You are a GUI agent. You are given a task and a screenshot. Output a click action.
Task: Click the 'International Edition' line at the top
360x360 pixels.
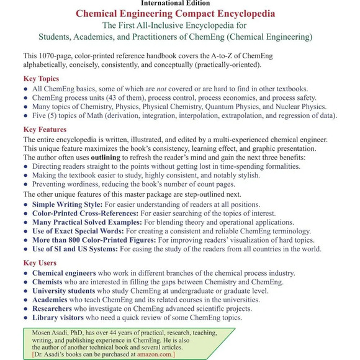click(x=179, y=3)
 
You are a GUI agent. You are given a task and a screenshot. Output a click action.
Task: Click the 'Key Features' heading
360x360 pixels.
click(x=45, y=130)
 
